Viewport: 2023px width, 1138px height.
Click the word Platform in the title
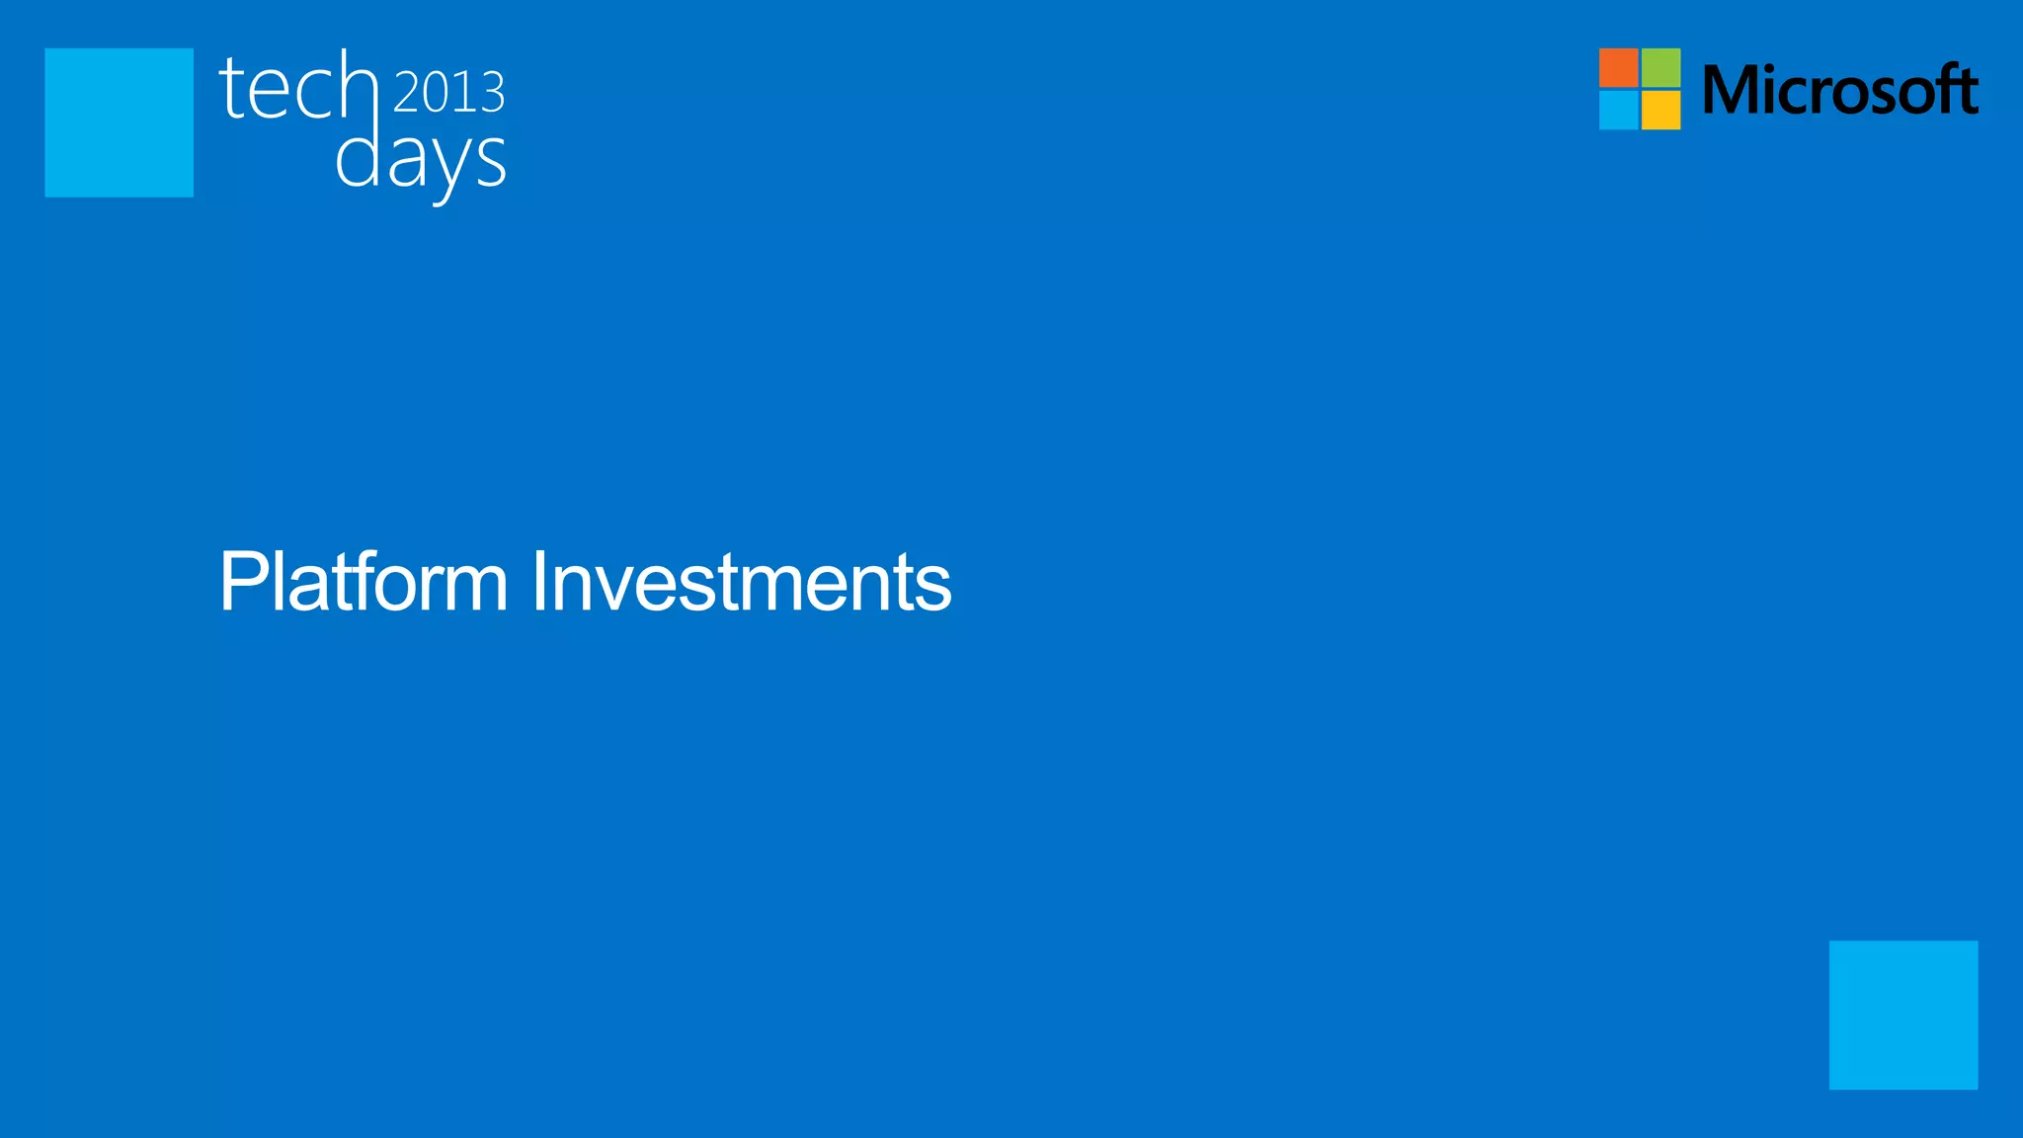click(364, 582)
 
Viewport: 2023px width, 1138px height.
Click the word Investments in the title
click(741, 582)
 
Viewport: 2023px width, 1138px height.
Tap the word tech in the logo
click(298, 88)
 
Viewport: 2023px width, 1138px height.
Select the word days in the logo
click(421, 160)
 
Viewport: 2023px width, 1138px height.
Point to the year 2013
click(449, 92)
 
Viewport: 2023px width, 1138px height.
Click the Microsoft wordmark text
click(1840, 90)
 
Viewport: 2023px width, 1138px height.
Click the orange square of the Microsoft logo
click(1618, 67)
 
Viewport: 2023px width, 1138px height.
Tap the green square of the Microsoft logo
click(1660, 67)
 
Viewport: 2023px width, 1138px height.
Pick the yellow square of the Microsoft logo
click(1660, 110)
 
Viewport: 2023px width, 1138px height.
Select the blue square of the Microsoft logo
click(1618, 110)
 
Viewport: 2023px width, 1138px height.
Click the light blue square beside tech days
click(119, 122)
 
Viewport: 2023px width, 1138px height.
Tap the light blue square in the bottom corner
click(1902, 1015)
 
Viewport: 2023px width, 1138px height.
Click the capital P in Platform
click(241, 582)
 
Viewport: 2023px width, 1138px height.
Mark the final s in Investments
click(933, 589)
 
